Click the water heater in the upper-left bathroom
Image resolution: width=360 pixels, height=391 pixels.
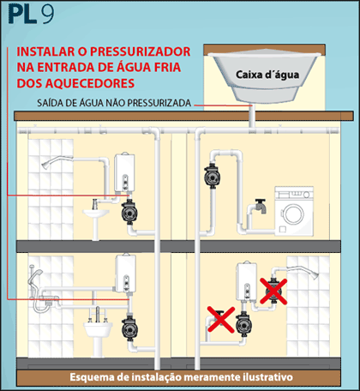tap(123, 171)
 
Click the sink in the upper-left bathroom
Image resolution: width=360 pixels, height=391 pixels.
tap(93, 208)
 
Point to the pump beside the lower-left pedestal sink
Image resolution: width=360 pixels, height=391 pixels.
tap(129, 327)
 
